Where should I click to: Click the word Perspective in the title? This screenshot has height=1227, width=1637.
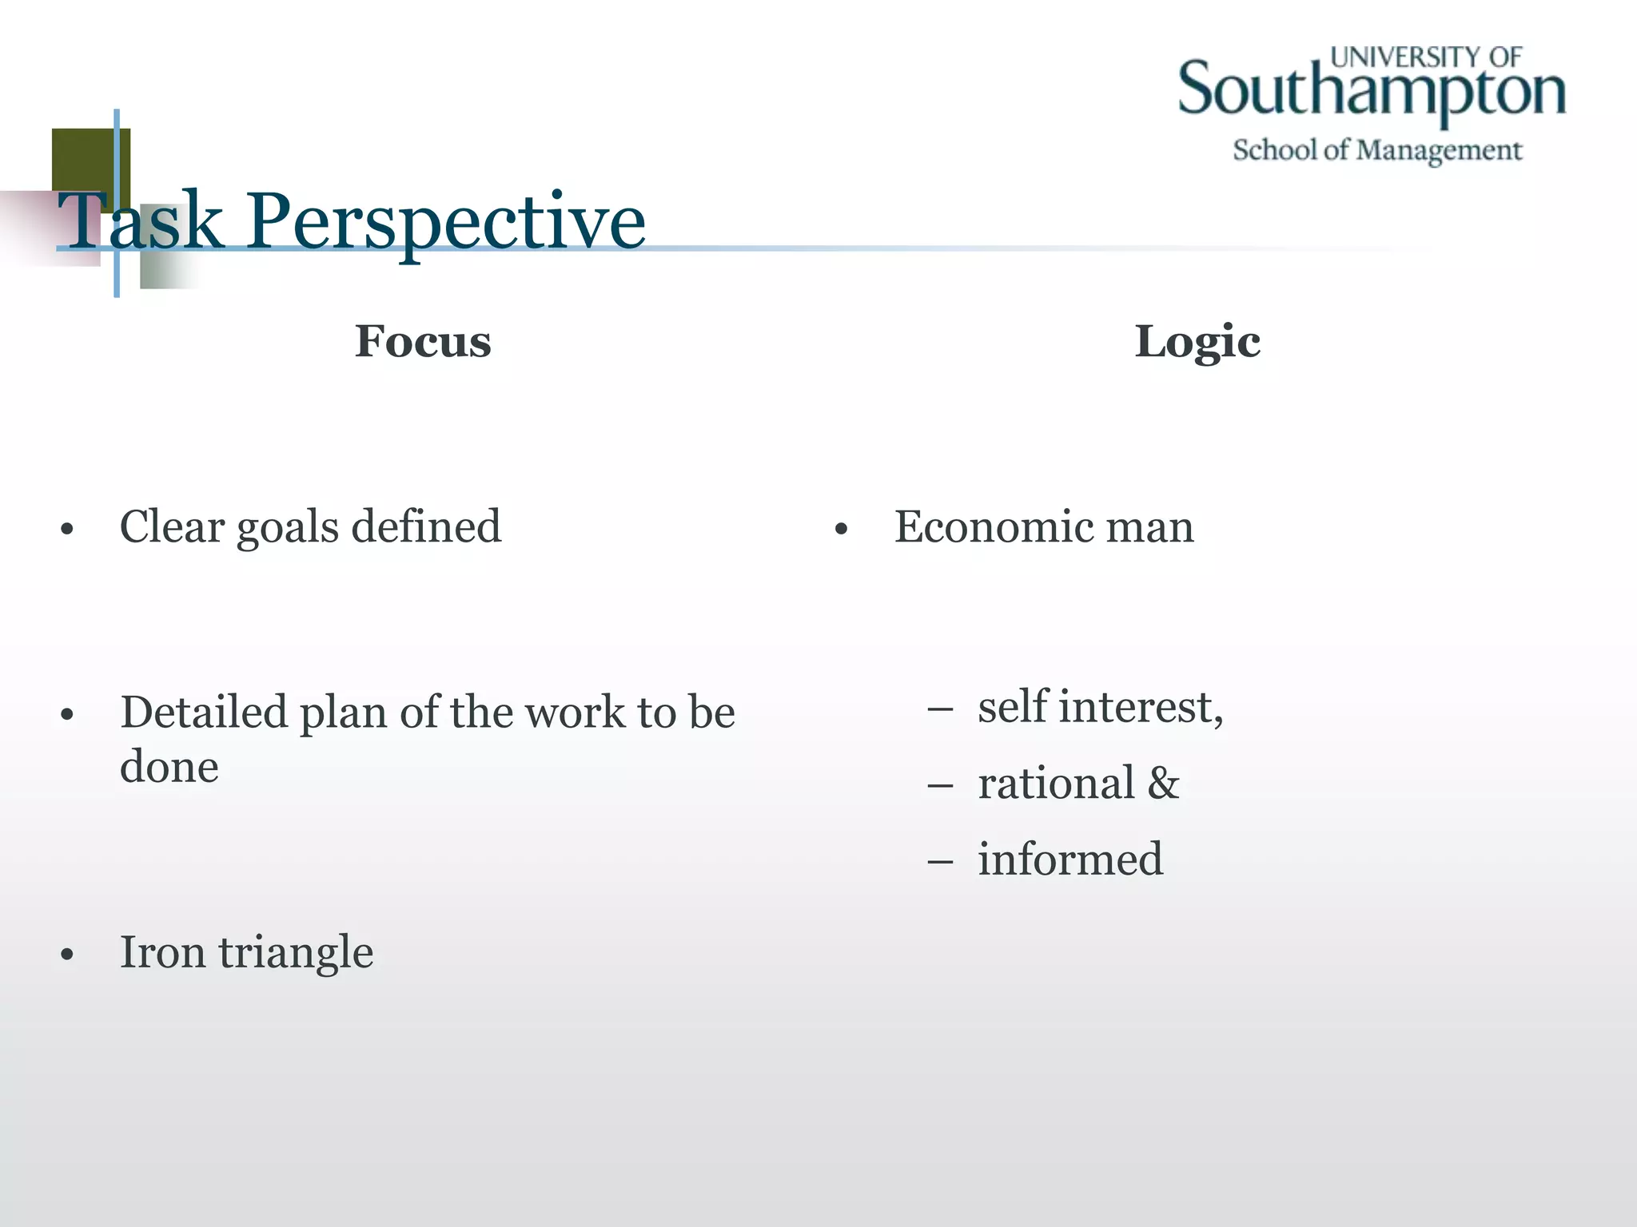click(445, 222)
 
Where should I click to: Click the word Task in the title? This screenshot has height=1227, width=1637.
click(141, 222)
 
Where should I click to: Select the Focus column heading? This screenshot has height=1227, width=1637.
click(423, 342)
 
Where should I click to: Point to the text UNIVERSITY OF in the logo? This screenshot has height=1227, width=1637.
click(1426, 57)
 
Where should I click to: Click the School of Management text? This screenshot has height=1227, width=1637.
click(1377, 150)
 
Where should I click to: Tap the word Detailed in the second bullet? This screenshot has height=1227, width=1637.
click(204, 712)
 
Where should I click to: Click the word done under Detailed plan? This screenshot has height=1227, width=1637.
click(169, 767)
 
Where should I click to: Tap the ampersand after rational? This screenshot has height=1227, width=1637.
click(1163, 784)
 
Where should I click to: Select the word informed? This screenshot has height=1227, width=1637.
click(1070, 860)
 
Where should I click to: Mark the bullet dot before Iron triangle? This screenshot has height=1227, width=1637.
click(67, 954)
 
